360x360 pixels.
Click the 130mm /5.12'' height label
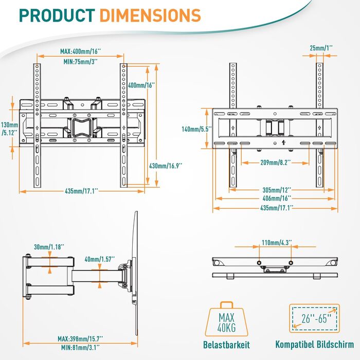(9, 129)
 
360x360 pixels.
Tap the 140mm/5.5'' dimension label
(192, 130)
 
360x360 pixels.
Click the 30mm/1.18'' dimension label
(49, 247)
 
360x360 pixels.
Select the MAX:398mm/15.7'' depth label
(81, 338)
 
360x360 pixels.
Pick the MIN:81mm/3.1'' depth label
(81, 348)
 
